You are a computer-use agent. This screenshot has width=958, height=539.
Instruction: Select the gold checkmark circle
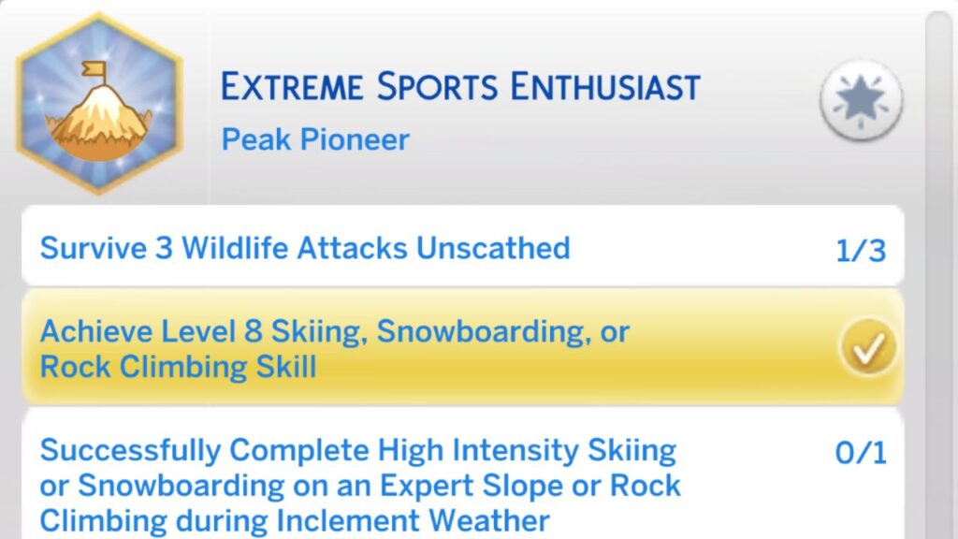click(x=867, y=347)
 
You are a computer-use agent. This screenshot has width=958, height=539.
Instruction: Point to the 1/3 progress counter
click(x=861, y=250)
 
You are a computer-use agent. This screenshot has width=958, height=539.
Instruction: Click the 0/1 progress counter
click(x=861, y=453)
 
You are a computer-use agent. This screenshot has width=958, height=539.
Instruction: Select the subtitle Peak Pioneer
click(x=315, y=139)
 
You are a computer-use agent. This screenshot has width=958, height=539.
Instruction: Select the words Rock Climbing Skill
click(x=178, y=366)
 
